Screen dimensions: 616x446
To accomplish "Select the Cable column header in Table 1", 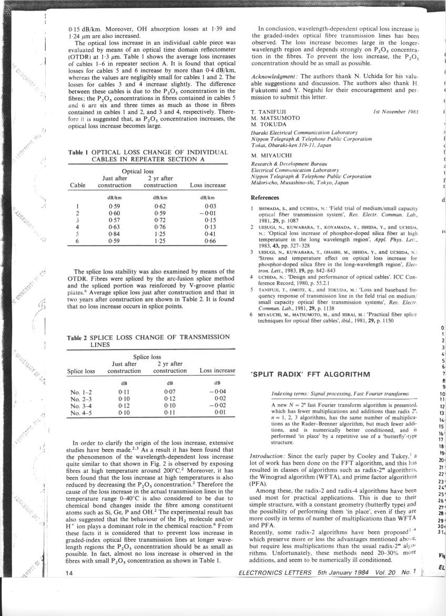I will (78, 185).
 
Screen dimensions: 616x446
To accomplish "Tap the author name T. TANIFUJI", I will (269, 112).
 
